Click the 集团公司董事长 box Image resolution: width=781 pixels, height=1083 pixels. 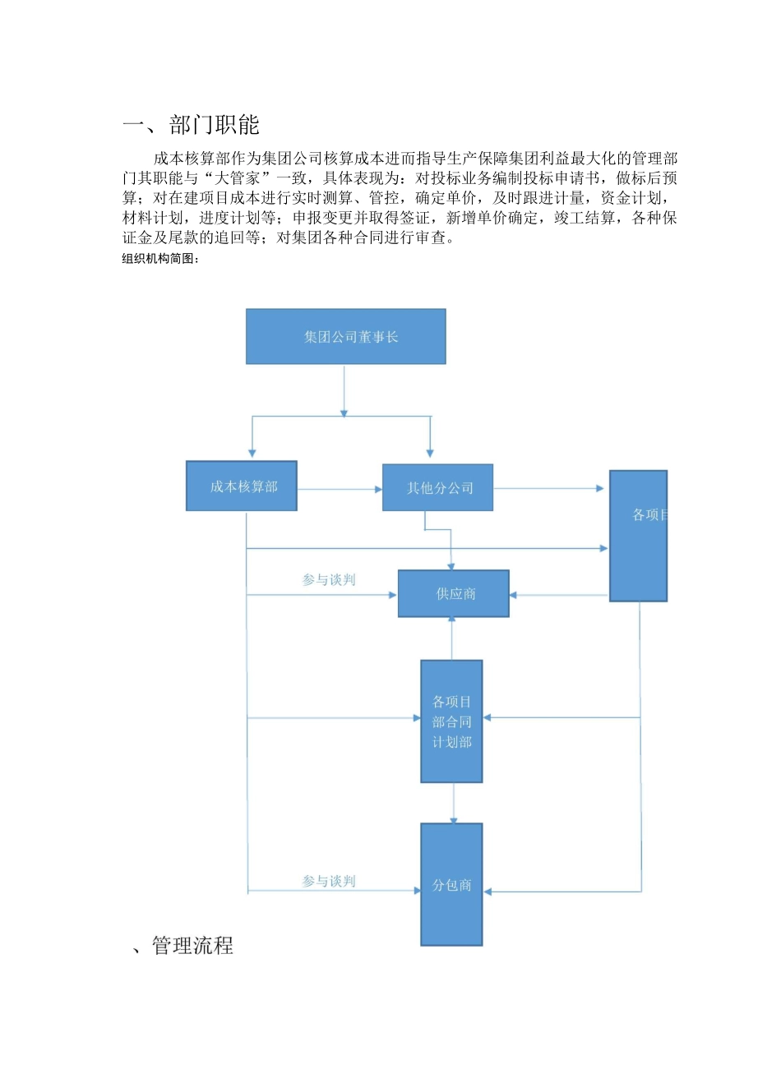coord(345,336)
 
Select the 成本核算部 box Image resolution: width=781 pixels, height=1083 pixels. coord(242,486)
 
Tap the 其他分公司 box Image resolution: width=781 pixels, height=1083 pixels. coord(437,487)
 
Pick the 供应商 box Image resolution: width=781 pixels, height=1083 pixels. coord(454,593)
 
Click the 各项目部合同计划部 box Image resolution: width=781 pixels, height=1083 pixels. coord(451,721)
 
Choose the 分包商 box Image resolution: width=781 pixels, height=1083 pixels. coord(451,884)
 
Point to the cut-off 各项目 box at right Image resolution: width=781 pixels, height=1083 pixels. coord(638,536)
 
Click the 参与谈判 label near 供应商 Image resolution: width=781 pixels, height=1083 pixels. coord(329,580)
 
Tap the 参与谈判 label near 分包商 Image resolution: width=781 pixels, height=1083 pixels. coord(329,881)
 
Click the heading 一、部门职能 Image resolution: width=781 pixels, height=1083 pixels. coord(192,125)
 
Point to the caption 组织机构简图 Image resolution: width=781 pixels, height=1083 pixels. coord(160,259)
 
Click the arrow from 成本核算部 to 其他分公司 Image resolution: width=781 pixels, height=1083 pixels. coord(339,489)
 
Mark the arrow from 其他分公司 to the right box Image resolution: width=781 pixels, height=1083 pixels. coord(548,488)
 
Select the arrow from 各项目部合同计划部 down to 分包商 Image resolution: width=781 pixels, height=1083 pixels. coord(454,803)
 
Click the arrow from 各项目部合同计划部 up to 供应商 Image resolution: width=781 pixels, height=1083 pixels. coord(451,638)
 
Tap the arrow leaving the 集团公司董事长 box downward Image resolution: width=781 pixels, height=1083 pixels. coord(344,391)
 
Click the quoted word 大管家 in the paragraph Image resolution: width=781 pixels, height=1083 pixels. coord(238,178)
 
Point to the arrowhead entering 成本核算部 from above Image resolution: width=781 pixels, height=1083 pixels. coord(252,452)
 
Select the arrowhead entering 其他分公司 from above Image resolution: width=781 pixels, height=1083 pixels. coord(430,452)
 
